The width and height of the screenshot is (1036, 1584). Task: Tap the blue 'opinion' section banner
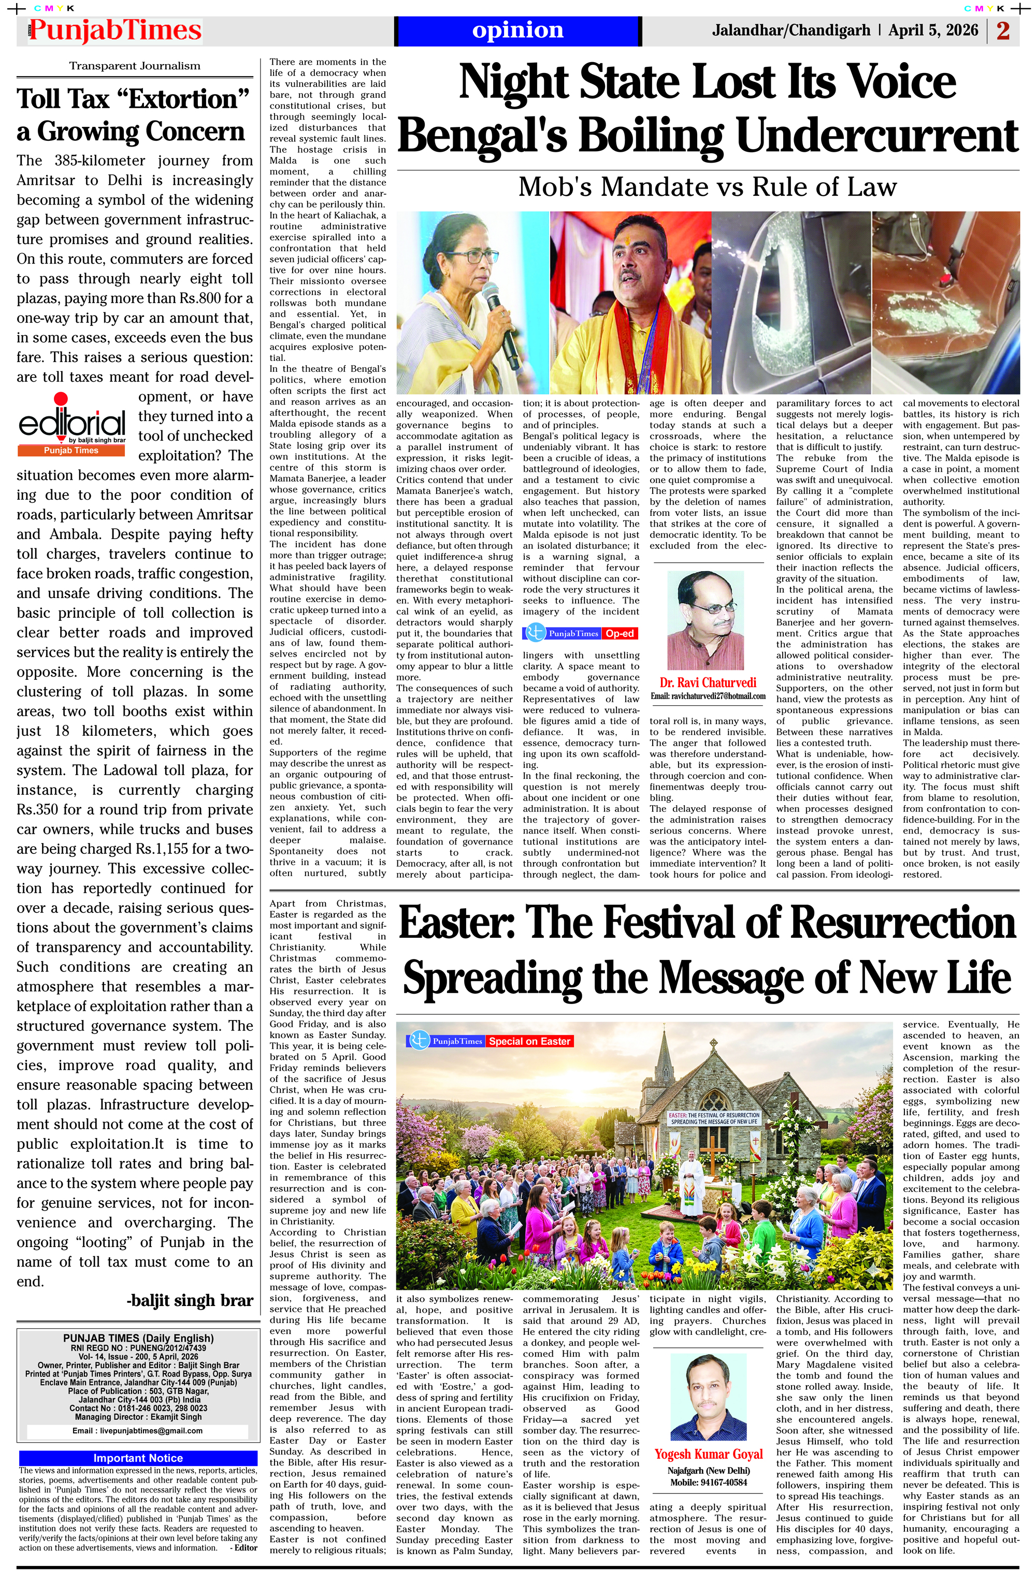[517, 31]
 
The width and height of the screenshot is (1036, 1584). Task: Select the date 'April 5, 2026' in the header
[933, 31]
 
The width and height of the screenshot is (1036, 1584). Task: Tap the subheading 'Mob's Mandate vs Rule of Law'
[707, 187]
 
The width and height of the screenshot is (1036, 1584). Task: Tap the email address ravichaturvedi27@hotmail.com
[708, 696]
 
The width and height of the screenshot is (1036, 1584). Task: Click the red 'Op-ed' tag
[619, 634]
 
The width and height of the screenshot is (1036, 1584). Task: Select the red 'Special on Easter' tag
[529, 1041]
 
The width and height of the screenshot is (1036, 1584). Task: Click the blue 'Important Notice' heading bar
[138, 1458]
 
